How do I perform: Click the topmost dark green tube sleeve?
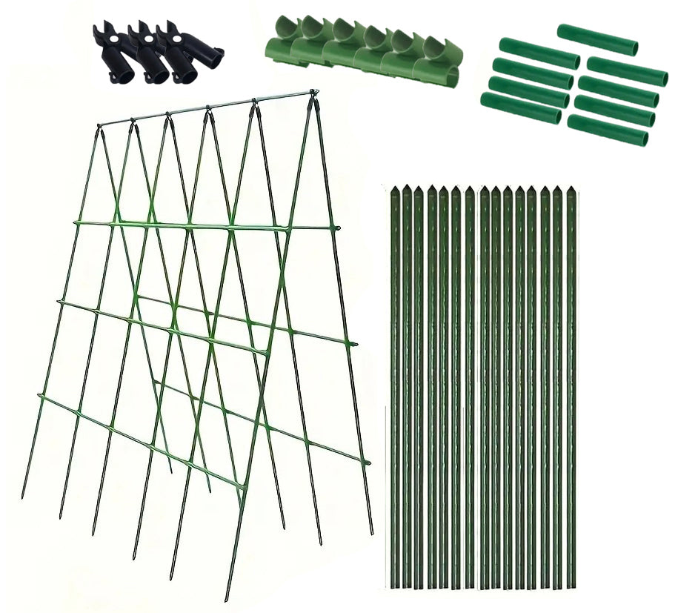pos(597,39)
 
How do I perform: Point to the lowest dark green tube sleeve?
pos(608,130)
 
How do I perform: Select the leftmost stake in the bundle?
pos(394,385)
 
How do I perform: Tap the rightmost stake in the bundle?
pos(571,385)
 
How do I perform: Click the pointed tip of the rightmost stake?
pos(571,188)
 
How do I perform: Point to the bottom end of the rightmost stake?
pos(571,586)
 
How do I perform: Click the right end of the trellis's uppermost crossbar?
pos(337,228)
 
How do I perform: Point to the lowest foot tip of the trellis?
pos(226,599)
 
